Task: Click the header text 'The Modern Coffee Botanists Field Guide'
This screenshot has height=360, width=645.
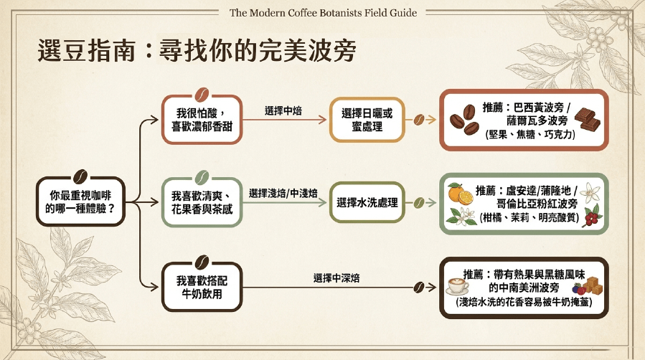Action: (x=323, y=13)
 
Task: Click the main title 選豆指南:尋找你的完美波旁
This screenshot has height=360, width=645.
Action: (x=197, y=51)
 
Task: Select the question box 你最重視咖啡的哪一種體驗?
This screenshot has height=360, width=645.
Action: (x=80, y=202)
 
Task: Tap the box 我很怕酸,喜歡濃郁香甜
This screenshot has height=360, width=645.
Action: (x=202, y=120)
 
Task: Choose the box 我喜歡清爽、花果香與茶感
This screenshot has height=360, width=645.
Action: (x=202, y=202)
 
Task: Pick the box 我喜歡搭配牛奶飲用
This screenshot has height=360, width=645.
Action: (x=202, y=286)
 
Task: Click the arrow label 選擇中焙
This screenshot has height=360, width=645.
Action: (x=283, y=110)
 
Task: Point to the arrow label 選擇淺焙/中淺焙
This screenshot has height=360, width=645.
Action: (x=283, y=193)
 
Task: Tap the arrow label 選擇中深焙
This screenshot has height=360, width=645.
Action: (x=336, y=278)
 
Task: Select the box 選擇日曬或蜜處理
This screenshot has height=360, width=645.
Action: (x=367, y=120)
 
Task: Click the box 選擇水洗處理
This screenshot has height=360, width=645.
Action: (x=367, y=202)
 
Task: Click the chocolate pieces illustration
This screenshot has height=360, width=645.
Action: (x=587, y=119)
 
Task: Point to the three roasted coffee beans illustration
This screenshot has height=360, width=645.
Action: (x=464, y=120)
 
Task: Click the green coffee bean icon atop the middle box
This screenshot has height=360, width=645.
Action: (x=202, y=178)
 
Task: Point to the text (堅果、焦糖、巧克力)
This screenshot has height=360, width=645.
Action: (x=531, y=134)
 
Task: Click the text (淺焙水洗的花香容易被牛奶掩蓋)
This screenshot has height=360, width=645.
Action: (x=524, y=302)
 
